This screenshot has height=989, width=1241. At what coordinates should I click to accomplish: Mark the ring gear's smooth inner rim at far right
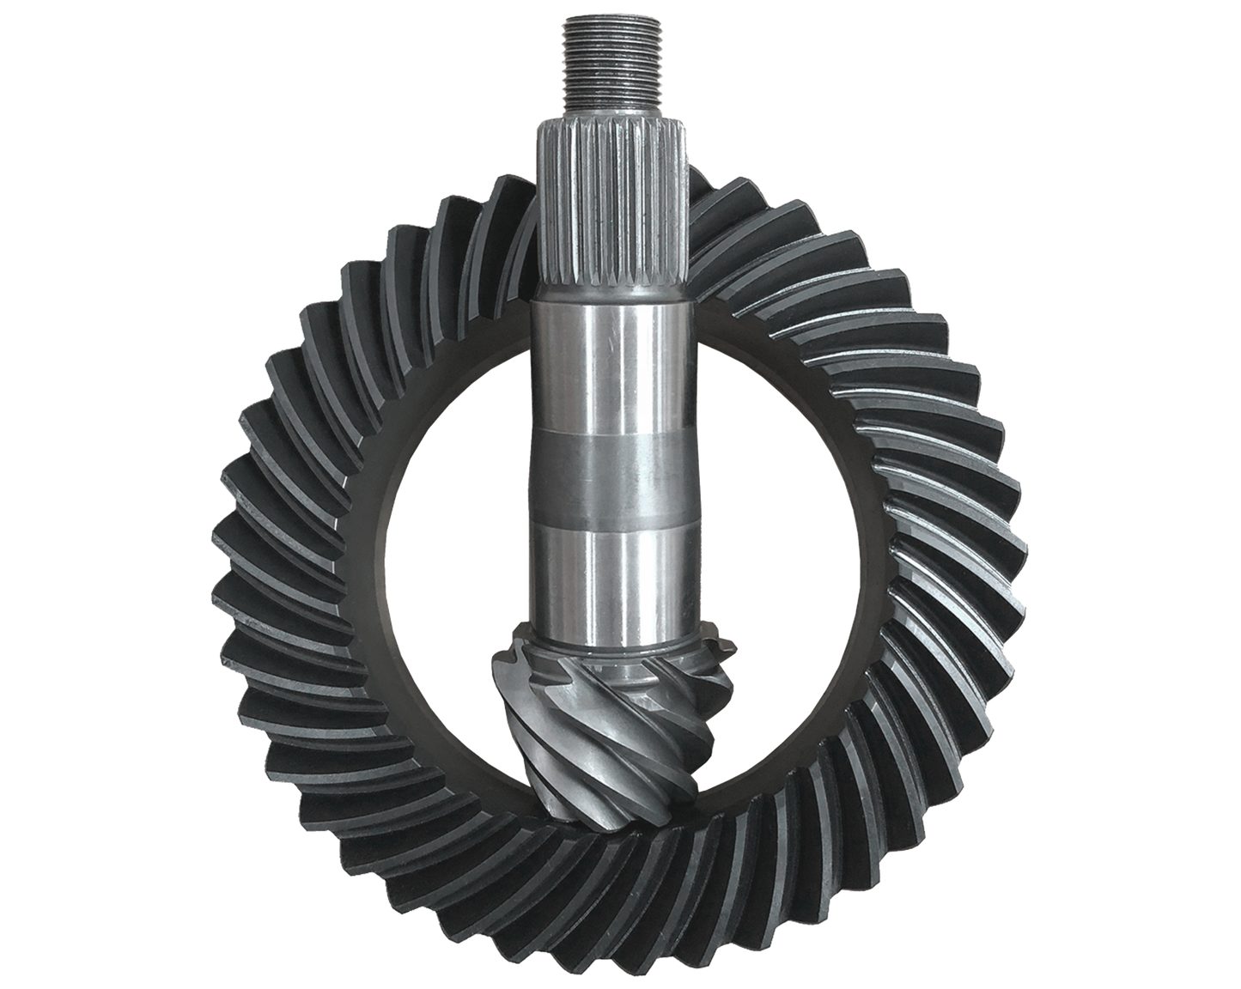(867, 567)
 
